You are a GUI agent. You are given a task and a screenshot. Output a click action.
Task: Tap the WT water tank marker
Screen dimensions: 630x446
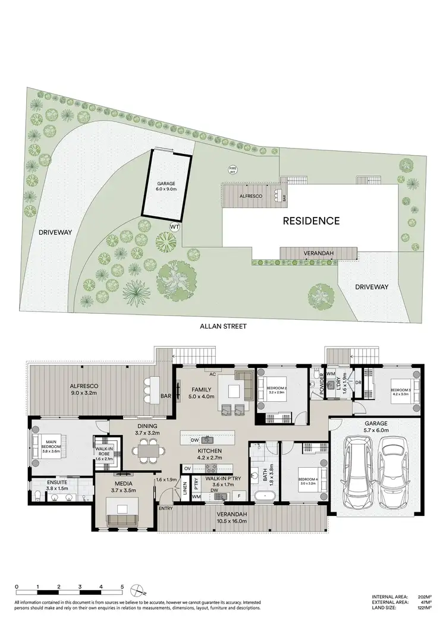(175, 226)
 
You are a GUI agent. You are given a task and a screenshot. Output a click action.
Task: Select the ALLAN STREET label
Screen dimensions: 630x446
(222, 326)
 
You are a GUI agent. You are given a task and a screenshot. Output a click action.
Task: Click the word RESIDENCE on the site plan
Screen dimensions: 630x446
(310, 221)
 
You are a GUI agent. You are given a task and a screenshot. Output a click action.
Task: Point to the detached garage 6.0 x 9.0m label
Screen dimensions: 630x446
(167, 187)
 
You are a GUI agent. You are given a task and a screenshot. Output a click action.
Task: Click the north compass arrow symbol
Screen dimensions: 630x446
(140, 590)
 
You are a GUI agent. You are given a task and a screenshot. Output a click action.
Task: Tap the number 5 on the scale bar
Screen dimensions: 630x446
(121, 587)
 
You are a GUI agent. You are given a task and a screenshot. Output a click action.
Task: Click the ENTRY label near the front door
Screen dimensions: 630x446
(165, 509)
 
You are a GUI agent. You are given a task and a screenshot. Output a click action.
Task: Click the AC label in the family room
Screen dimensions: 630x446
(211, 375)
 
